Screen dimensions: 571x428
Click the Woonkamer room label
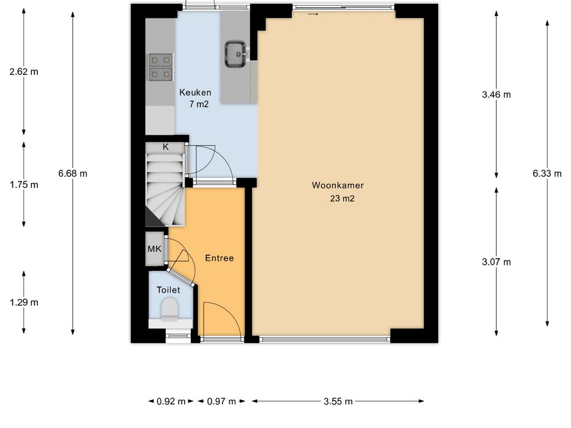(337, 185)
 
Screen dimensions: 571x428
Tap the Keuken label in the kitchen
(195, 93)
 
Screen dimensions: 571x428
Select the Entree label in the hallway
(219, 258)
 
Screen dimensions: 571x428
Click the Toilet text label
(168, 290)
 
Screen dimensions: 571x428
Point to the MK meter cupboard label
(154, 249)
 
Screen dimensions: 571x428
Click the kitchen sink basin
(235, 54)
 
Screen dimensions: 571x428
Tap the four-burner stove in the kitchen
(160, 67)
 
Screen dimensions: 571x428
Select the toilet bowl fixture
(170, 310)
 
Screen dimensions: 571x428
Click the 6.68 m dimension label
(73, 174)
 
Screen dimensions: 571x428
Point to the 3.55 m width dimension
(338, 401)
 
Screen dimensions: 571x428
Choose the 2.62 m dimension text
(23, 72)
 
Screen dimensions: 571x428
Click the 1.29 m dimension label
(23, 303)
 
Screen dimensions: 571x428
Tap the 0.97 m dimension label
(222, 401)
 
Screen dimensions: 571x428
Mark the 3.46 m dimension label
(496, 95)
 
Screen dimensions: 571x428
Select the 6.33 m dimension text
(547, 174)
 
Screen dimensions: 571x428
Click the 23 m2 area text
(342, 198)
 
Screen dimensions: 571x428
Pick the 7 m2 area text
(199, 104)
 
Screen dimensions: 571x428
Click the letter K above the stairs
(166, 147)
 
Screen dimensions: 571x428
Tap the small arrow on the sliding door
(313, 14)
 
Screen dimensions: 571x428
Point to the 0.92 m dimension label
(171, 401)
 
